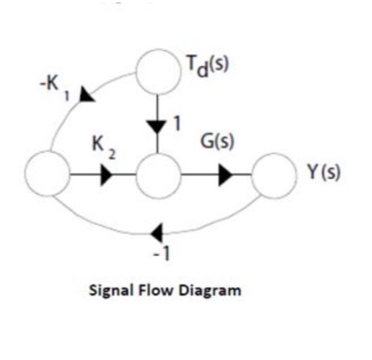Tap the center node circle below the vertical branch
pyautogui.click(x=157, y=174)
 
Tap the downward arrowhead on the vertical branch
pyautogui.click(x=157, y=125)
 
